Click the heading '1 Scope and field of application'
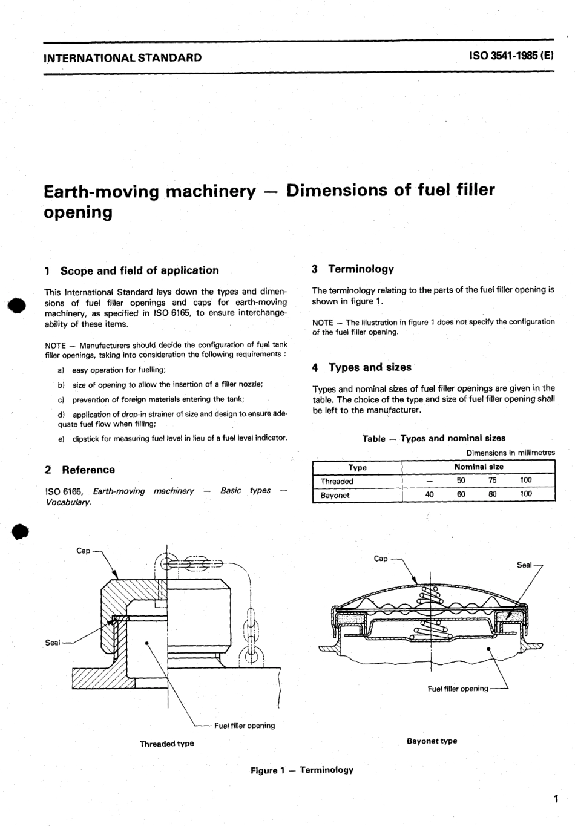[132, 270]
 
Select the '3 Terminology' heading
[353, 269]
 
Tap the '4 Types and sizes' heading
[362, 367]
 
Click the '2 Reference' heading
[80, 470]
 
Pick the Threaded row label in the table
[337, 482]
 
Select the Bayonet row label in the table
[335, 495]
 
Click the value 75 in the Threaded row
[493, 480]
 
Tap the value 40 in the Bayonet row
[430, 494]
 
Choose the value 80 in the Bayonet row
[493, 494]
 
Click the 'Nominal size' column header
[478, 467]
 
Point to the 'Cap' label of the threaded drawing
[84, 551]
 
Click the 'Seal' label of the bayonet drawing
[524, 565]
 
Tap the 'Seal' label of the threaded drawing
[53, 643]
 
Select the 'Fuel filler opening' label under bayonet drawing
[458, 689]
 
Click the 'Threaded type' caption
[167, 744]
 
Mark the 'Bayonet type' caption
[432, 741]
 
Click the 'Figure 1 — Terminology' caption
[302, 770]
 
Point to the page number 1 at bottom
[555, 799]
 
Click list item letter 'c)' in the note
[61, 400]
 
